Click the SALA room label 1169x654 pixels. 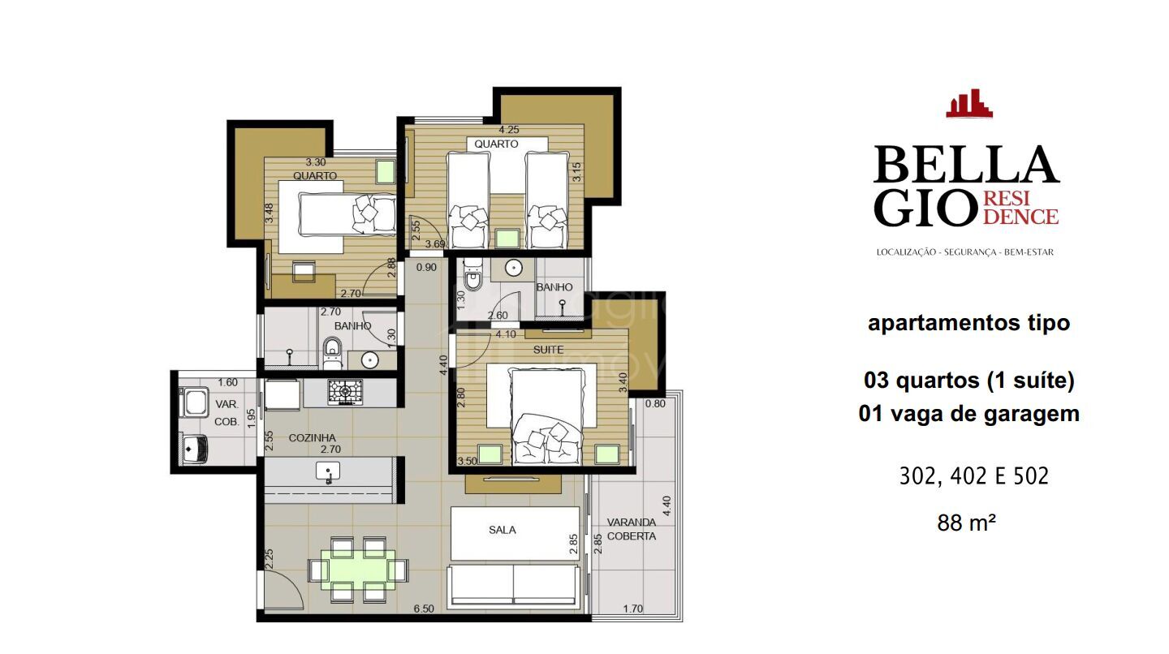[x=503, y=530]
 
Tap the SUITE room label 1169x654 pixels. [x=548, y=350]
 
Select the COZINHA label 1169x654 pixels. [x=312, y=438]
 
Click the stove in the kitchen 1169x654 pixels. [x=346, y=393]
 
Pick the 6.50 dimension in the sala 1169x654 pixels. [x=422, y=609]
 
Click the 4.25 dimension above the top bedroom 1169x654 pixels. [x=509, y=130]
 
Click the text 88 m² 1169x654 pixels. [x=966, y=523]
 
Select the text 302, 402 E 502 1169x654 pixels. [x=973, y=476]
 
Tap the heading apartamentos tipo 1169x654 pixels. [x=968, y=323]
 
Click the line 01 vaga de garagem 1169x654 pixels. [x=968, y=414]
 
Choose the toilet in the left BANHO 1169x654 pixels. [x=331, y=349]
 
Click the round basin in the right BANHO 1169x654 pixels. [x=512, y=268]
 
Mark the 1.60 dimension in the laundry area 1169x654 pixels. [x=228, y=383]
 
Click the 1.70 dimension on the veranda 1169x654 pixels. [x=634, y=609]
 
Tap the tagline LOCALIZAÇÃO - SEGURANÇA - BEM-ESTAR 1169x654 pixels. [x=964, y=252]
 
